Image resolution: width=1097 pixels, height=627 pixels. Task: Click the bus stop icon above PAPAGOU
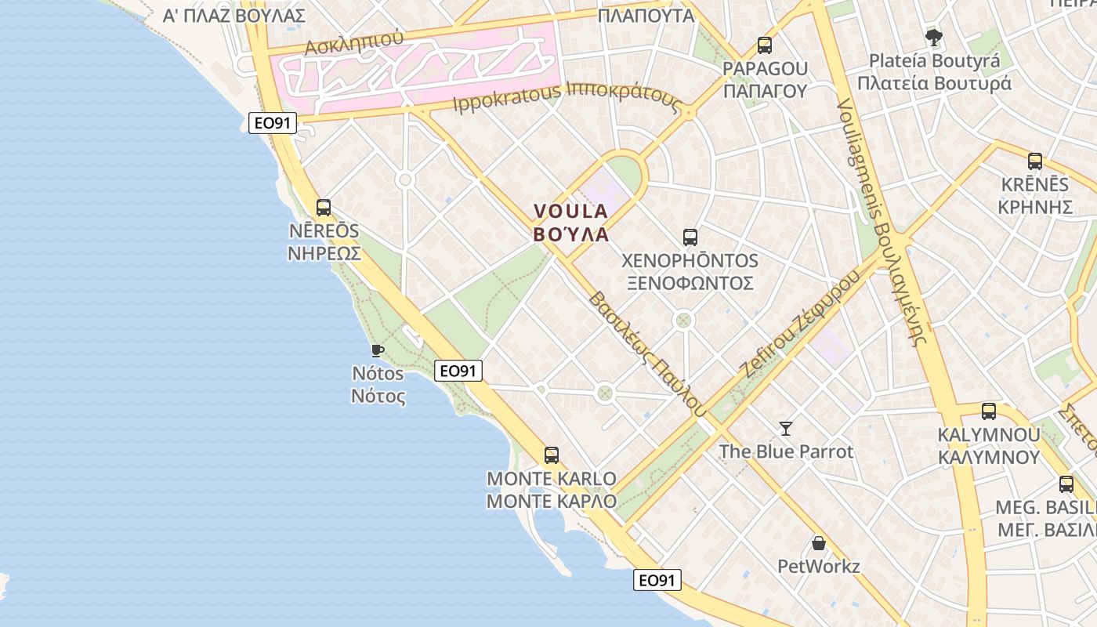click(x=764, y=45)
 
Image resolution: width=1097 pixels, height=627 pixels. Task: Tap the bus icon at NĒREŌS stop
click(x=323, y=208)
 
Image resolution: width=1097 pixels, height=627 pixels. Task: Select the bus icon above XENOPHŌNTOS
click(x=690, y=237)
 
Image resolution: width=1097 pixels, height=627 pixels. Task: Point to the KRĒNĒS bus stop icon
click(x=1034, y=161)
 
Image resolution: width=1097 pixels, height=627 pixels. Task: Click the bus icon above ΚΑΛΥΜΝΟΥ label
click(x=988, y=411)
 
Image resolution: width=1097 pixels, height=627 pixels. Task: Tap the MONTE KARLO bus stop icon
click(x=551, y=455)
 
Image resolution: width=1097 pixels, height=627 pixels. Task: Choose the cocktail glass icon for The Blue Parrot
click(x=786, y=428)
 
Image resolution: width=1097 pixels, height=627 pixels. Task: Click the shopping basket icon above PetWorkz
click(x=818, y=543)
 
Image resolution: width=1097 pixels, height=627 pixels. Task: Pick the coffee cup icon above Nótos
click(x=377, y=350)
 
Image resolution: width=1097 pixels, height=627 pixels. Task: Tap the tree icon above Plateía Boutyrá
click(x=933, y=36)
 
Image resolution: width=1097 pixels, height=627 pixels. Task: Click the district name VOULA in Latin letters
click(x=570, y=211)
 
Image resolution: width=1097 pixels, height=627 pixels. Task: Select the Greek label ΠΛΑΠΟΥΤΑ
click(x=646, y=16)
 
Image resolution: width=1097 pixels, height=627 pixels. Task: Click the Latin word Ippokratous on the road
click(x=507, y=98)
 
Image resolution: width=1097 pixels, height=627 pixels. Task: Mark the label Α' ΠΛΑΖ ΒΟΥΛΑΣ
click(x=233, y=16)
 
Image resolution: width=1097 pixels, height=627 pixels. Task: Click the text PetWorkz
click(x=818, y=566)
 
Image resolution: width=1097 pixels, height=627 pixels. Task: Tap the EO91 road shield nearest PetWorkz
click(x=657, y=580)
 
